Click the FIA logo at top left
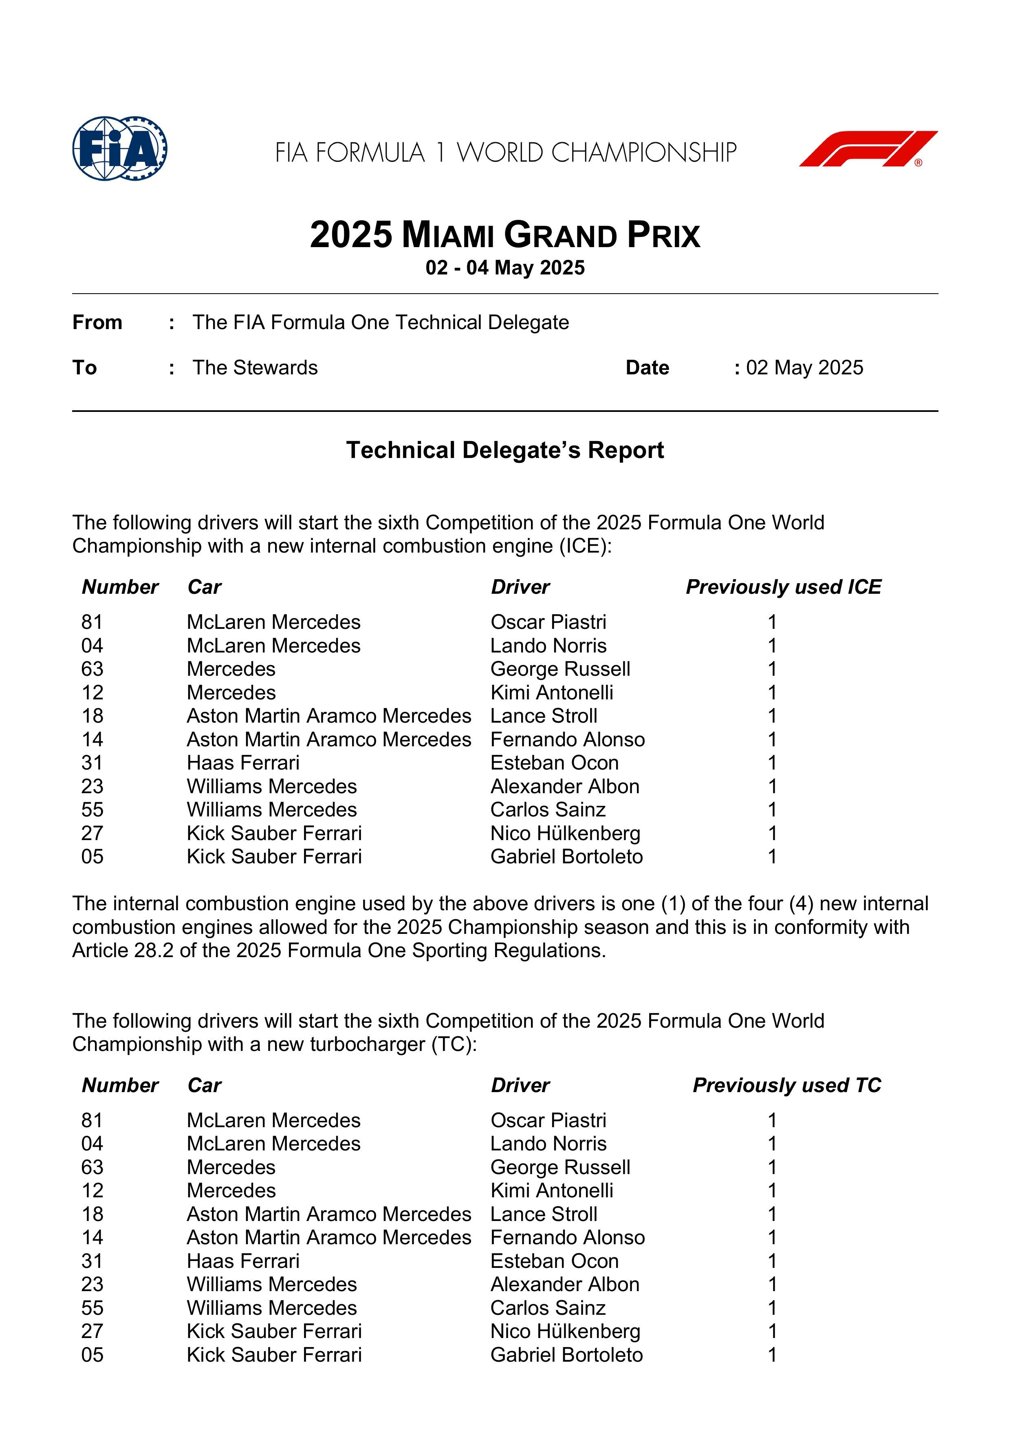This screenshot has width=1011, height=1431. tap(120, 148)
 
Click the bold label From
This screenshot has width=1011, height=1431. tap(97, 322)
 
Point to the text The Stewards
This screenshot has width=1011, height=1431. tap(255, 368)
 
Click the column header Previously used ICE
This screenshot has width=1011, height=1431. tap(783, 587)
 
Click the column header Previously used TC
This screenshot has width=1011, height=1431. tap(787, 1085)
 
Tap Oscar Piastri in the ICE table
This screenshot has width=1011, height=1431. tap(548, 622)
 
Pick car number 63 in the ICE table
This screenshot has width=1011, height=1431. tap(92, 669)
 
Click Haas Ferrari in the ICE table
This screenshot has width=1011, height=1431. tap(243, 763)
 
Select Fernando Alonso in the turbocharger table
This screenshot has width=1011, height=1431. tap(568, 1237)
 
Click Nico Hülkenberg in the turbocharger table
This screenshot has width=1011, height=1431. tap(565, 1331)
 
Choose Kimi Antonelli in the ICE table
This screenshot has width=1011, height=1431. tap(551, 692)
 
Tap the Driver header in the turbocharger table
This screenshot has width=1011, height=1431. tap(520, 1085)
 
